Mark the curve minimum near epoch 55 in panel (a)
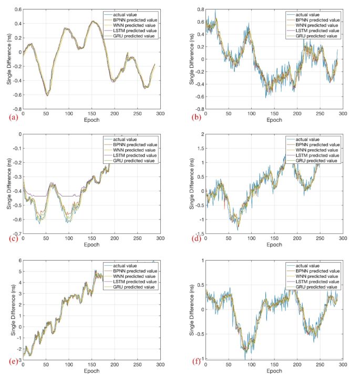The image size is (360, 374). pos(47,95)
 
